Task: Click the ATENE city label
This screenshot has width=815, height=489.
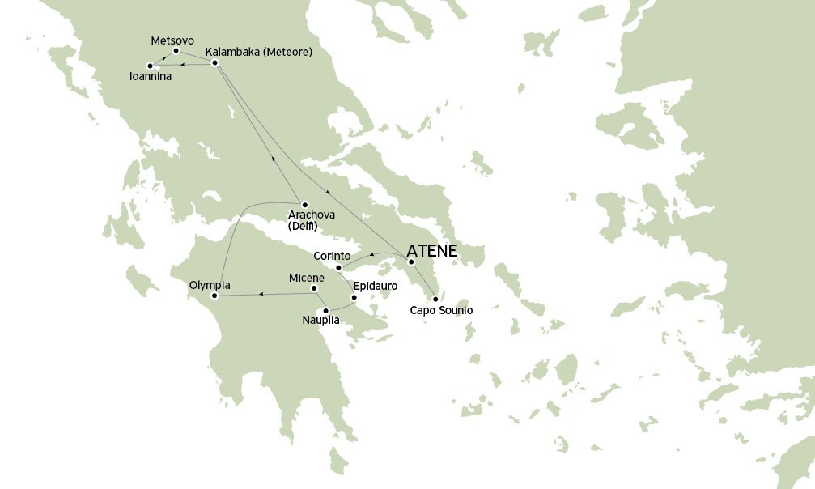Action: [x=432, y=251]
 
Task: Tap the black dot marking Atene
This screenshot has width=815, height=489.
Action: [x=411, y=262]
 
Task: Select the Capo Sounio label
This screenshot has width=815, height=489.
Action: [x=441, y=310]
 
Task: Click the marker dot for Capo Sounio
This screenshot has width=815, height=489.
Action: [x=435, y=299]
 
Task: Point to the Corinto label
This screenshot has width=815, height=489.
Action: [x=332, y=256]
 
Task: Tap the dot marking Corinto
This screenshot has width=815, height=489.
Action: [x=339, y=268]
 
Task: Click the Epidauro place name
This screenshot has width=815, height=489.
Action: [x=376, y=286]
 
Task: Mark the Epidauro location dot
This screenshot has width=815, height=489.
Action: [x=354, y=298]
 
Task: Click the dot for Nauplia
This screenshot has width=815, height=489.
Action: [x=325, y=310]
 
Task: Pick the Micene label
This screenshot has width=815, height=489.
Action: [x=307, y=278]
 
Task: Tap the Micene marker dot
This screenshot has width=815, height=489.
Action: [x=314, y=288]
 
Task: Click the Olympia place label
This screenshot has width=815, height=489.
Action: [x=210, y=285]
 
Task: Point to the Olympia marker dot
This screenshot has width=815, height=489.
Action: [x=214, y=296]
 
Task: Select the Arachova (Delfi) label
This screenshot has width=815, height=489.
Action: [x=312, y=220]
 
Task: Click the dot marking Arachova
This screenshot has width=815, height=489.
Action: [x=304, y=204]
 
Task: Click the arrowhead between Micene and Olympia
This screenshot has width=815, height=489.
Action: [x=260, y=294]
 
